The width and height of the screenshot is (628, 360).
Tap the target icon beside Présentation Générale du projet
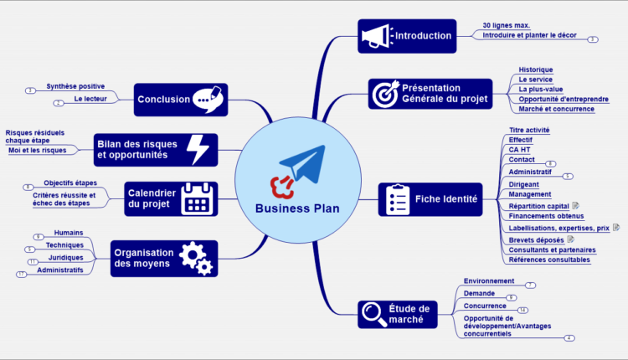tap(385, 93)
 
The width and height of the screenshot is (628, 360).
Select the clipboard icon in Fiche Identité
tap(394, 199)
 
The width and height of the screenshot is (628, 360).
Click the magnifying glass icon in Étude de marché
tap(373, 314)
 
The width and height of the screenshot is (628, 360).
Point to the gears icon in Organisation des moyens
tap(195, 259)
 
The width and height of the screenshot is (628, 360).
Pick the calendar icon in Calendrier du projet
tap(197, 198)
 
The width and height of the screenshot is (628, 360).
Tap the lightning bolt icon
tap(198, 149)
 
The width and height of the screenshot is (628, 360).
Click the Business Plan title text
tap(297, 208)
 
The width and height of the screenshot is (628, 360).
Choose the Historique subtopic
tap(535, 69)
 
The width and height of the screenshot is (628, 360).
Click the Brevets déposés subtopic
tap(536, 239)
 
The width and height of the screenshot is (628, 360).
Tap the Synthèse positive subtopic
tap(75, 86)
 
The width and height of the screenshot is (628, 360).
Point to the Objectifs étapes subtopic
tap(69, 183)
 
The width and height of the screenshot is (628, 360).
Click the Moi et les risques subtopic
tap(36, 150)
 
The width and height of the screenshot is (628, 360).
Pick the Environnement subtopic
tap(489, 281)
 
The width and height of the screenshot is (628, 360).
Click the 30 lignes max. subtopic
tap(506, 25)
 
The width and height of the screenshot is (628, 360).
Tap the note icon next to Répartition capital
tap(575, 205)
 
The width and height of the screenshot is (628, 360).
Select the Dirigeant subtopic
tap(523, 184)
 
